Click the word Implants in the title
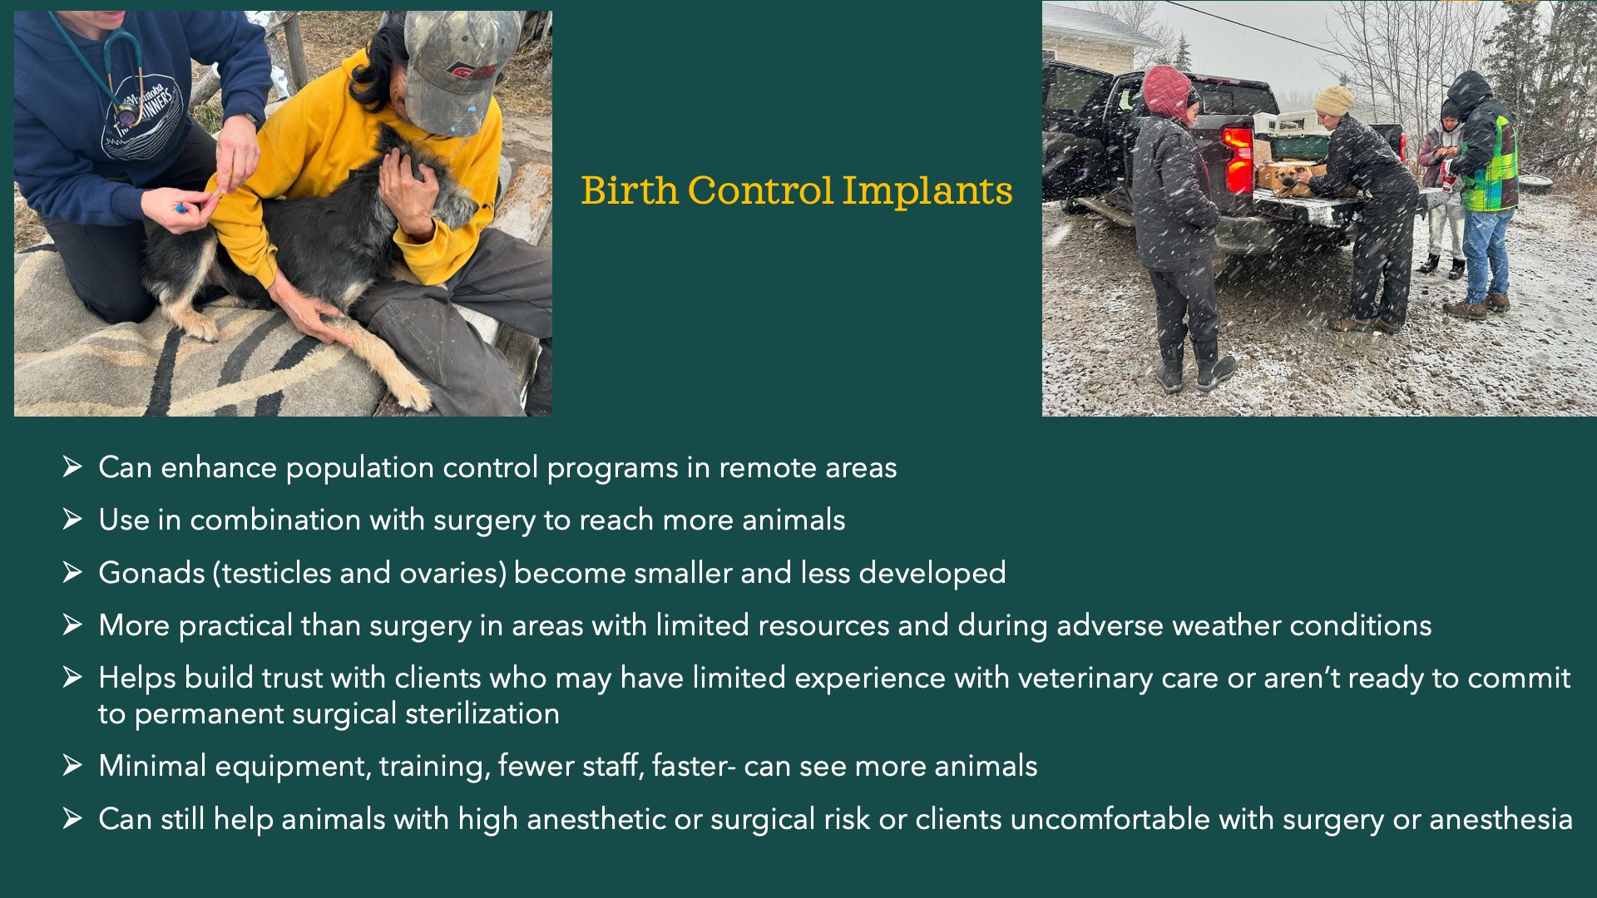pyautogui.click(x=927, y=192)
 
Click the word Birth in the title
pyautogui.click(x=630, y=190)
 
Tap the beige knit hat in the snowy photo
pyautogui.click(x=1332, y=100)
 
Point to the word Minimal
pyautogui.click(x=152, y=766)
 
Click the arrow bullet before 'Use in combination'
pyautogui.click(x=72, y=519)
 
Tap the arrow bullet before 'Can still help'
pyautogui.click(x=72, y=818)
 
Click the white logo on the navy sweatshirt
pyautogui.click(x=141, y=116)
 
